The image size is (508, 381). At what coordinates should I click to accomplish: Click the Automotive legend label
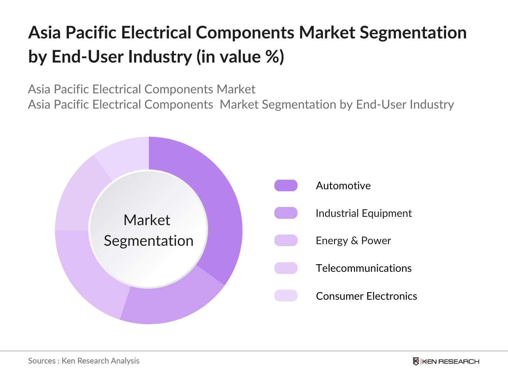(343, 186)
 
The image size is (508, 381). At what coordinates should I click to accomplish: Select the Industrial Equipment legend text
(364, 213)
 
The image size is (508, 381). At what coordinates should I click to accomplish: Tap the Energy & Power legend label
(353, 241)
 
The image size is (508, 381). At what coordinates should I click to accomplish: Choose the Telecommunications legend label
(364, 268)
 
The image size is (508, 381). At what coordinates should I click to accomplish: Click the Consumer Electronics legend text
(366, 296)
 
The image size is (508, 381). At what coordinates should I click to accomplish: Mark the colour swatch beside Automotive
(286, 186)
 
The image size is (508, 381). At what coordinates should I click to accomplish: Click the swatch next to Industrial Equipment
(286, 213)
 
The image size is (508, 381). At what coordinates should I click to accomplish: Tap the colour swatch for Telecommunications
(286, 268)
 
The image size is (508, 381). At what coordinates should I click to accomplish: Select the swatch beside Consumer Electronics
(286, 296)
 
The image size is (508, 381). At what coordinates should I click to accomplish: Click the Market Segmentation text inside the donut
(148, 230)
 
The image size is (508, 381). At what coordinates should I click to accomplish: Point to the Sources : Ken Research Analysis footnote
(84, 361)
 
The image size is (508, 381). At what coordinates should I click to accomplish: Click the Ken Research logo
(446, 361)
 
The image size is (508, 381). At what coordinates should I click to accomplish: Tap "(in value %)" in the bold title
(240, 57)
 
